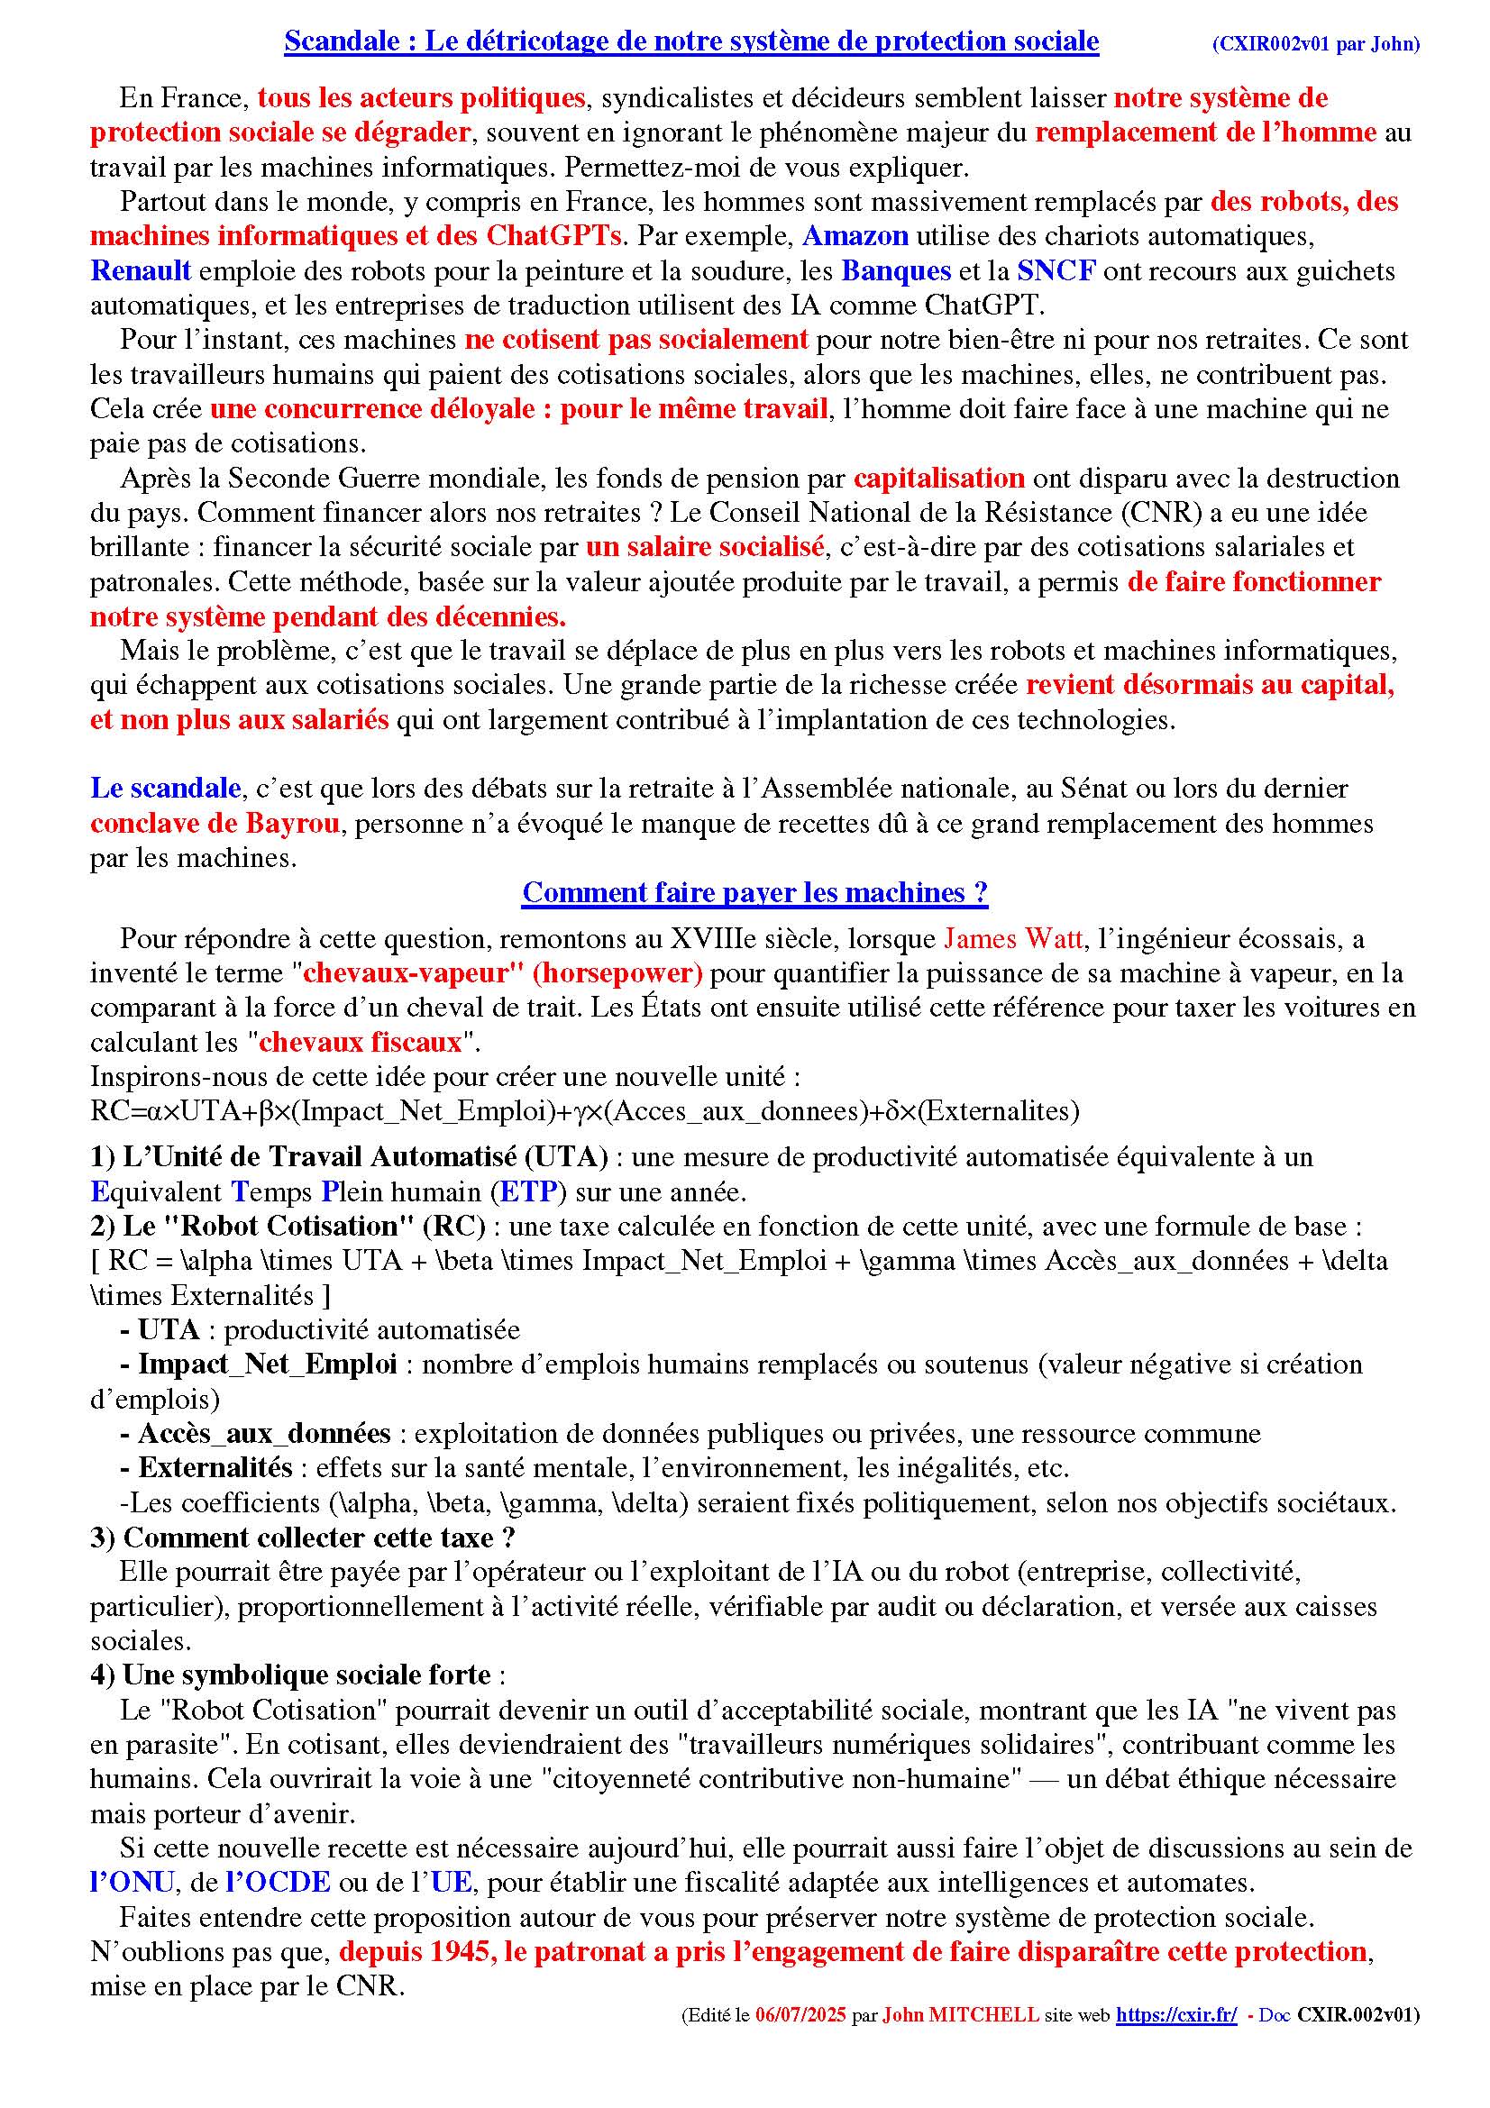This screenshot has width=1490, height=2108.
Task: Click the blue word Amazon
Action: [x=855, y=236]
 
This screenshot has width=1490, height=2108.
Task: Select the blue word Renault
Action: [x=141, y=271]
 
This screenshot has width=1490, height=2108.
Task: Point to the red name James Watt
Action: [x=1012, y=938]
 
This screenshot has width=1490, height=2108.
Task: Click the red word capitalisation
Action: [x=938, y=479]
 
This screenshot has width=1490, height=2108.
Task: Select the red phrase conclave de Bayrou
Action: [x=215, y=824]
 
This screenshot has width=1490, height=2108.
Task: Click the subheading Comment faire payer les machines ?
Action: [x=754, y=892]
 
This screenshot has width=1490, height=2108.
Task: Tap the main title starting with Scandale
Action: [x=691, y=41]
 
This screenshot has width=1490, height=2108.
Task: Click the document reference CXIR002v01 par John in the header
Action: [x=1315, y=44]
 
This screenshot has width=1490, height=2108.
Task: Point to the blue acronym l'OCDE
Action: [x=279, y=1883]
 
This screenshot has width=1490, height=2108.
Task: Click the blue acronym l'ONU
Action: [x=132, y=1883]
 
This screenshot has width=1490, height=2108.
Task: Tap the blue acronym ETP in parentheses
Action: [x=527, y=1191]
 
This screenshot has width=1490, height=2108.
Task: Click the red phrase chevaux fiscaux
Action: [x=360, y=1042]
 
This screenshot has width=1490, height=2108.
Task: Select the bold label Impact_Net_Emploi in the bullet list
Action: [x=267, y=1364]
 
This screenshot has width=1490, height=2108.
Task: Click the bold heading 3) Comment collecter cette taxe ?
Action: [x=302, y=1538]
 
